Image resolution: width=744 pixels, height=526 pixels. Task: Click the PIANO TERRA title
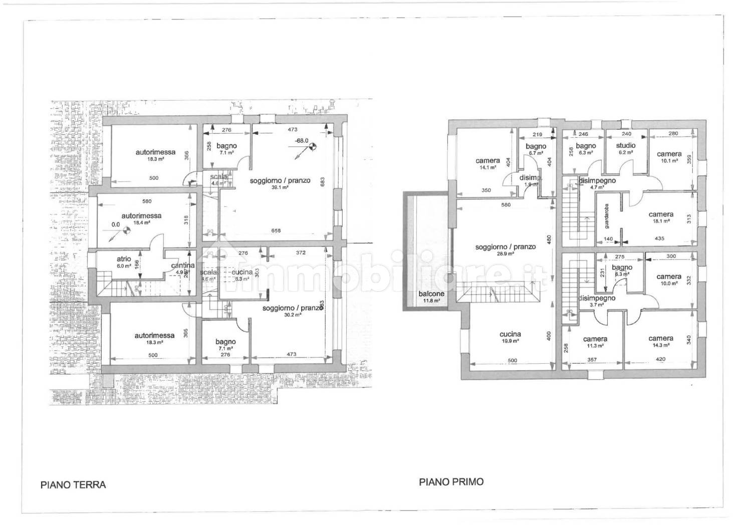73,484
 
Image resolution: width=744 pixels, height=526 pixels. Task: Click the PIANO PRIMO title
451,481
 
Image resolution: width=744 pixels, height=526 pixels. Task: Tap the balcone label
431,294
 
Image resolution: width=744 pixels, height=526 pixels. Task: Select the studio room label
625,145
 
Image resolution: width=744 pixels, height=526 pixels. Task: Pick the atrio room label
124,259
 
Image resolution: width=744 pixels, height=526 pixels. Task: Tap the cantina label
182,266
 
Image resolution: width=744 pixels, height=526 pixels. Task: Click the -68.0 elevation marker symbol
313,146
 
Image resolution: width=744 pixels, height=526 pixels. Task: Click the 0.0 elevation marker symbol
127,231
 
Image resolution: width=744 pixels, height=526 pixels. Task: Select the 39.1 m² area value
280,187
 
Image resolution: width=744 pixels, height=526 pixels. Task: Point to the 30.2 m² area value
291,315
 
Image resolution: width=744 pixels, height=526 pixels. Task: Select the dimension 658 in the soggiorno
276,230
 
